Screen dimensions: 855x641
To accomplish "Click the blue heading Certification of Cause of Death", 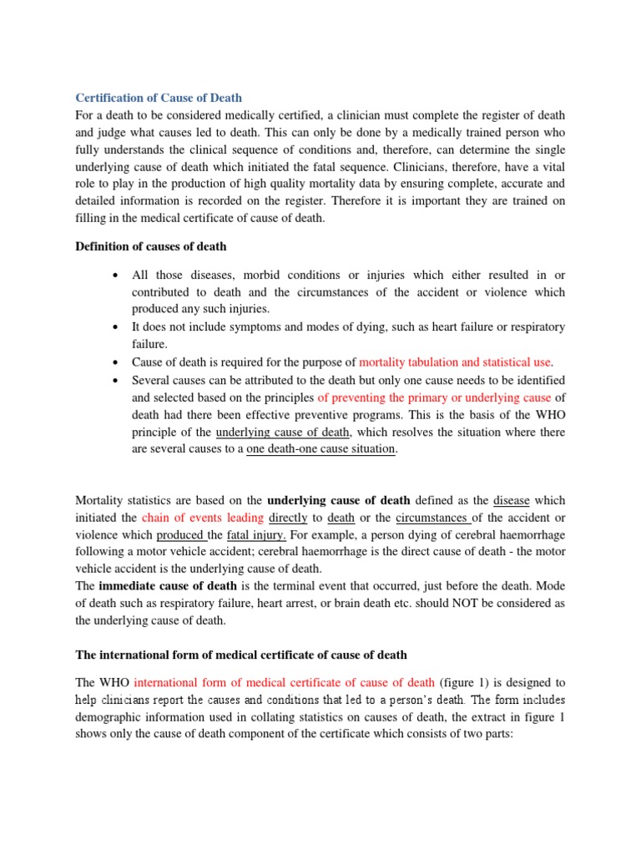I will (159, 99).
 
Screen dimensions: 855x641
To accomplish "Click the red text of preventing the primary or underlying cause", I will (423, 397).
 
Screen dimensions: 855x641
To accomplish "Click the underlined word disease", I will (512, 500).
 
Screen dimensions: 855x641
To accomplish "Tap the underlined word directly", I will (286, 518).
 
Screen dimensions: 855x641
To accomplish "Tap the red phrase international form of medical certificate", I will (284, 681).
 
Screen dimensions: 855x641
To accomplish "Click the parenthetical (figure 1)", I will (467, 681).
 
